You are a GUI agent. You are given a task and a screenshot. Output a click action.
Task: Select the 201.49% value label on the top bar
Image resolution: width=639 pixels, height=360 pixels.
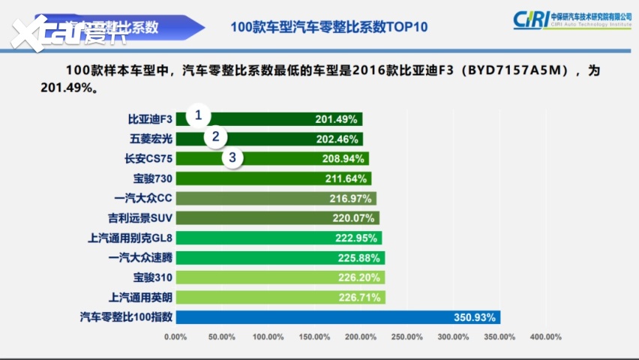(x=337, y=119)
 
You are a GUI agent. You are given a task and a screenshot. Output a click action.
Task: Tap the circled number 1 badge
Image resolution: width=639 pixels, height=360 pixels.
(x=199, y=115)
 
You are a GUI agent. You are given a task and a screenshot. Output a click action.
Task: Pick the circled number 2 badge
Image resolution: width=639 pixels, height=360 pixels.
(x=216, y=136)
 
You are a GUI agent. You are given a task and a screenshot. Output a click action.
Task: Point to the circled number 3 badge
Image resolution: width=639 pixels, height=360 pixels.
(x=233, y=157)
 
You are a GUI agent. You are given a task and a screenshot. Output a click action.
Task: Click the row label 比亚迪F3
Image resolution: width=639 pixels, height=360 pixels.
(x=150, y=119)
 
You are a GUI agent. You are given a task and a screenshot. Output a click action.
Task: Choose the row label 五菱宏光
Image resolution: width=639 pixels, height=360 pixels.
(x=150, y=139)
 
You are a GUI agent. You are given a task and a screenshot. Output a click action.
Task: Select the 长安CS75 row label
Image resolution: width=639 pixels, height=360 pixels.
(x=148, y=159)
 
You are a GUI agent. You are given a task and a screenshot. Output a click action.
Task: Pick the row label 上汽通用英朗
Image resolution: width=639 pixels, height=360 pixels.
(x=141, y=297)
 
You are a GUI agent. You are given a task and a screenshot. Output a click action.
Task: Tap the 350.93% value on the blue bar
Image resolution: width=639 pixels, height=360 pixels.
(x=475, y=317)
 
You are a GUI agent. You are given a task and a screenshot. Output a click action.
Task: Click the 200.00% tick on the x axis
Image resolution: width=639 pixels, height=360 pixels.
(x=361, y=337)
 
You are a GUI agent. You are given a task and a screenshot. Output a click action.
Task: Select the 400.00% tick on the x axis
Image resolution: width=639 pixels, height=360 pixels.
(x=546, y=337)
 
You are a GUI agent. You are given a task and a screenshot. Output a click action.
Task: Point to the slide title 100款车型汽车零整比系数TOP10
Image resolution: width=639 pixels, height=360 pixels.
(x=329, y=27)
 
